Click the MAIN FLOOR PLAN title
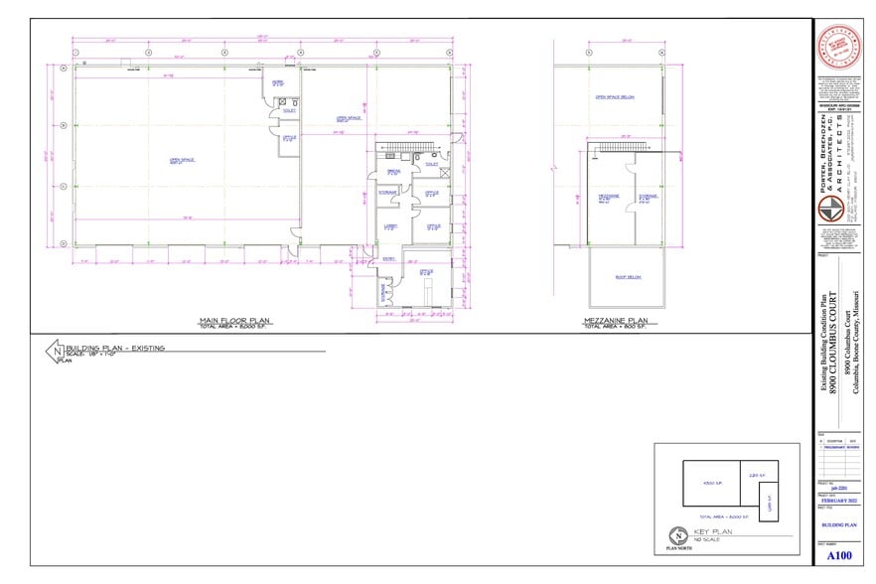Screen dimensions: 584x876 coord(235,320)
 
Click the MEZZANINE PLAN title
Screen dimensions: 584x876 coord(611,320)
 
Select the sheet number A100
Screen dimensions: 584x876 coord(838,557)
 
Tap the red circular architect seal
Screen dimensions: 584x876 coord(837,47)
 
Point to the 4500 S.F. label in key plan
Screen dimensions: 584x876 coord(711,483)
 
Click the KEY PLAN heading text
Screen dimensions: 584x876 coord(714,532)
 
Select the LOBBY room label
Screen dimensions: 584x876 coord(390,226)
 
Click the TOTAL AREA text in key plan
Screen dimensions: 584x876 coord(722,516)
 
